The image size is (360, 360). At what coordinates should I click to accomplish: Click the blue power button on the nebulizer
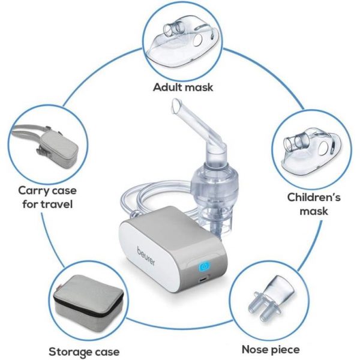204,266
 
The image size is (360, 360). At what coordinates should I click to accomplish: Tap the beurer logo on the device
146,256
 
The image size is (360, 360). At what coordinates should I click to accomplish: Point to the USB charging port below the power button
203,280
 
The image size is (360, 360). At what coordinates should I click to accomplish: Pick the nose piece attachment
271,298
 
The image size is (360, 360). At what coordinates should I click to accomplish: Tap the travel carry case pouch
58,147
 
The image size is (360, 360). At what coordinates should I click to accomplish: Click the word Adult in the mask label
168,87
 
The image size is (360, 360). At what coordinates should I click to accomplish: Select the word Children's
314,197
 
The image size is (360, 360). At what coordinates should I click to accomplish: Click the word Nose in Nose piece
254,350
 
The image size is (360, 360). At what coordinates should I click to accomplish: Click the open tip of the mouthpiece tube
176,106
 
